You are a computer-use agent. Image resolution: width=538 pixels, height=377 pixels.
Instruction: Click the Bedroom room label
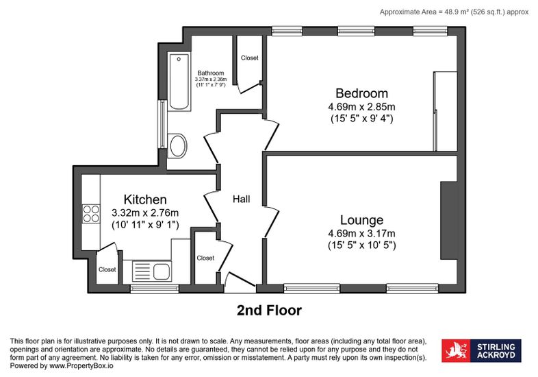click(x=361, y=93)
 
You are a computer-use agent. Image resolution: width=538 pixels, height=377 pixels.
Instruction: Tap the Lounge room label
click(x=361, y=220)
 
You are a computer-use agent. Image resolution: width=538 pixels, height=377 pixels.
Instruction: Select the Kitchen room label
click(x=145, y=199)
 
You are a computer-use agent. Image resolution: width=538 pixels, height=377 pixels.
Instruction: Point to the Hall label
click(x=241, y=199)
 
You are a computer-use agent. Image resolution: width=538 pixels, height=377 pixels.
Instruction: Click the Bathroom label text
click(x=211, y=73)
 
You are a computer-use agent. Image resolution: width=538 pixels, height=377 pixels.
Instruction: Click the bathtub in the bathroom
click(x=179, y=82)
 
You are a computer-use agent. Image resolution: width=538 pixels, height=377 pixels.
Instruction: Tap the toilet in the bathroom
click(x=178, y=146)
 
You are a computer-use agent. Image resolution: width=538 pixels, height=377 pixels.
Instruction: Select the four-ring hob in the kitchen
click(x=91, y=214)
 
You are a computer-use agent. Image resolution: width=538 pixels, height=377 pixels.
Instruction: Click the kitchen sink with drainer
click(x=152, y=271)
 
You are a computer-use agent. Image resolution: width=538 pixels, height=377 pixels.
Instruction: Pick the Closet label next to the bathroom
click(x=249, y=58)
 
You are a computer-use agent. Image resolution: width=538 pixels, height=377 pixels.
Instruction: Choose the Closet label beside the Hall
click(x=205, y=258)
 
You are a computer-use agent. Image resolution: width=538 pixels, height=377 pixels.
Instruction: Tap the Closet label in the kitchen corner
click(x=107, y=269)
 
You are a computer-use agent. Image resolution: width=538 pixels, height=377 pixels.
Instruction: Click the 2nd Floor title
click(x=270, y=311)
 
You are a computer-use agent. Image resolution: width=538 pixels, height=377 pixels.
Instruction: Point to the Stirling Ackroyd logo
click(x=481, y=351)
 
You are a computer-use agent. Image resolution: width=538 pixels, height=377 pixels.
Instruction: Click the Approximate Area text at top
click(x=454, y=12)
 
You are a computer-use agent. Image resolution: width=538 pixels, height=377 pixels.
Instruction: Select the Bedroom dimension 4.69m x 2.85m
click(x=361, y=106)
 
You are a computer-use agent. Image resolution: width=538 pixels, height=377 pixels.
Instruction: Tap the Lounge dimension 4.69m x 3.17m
click(x=361, y=234)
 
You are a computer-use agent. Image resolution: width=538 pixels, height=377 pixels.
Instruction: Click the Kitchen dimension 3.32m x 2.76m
click(x=145, y=212)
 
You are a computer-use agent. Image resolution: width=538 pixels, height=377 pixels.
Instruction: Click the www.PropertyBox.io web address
click(x=81, y=365)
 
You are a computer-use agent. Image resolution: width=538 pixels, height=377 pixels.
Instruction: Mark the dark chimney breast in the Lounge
click(x=449, y=220)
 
